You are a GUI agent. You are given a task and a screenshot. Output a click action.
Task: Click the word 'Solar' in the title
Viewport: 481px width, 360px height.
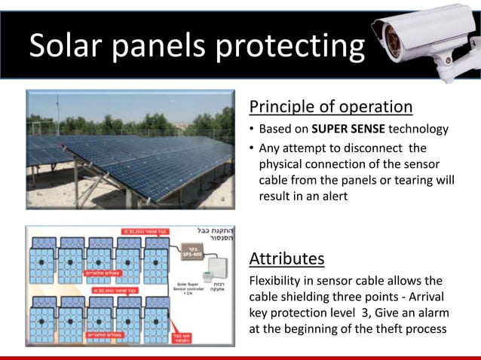click(x=64, y=47)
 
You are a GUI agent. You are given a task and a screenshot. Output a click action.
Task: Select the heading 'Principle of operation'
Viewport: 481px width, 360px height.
click(x=330, y=106)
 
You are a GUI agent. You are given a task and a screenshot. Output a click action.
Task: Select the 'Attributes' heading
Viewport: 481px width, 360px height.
click(x=286, y=259)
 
